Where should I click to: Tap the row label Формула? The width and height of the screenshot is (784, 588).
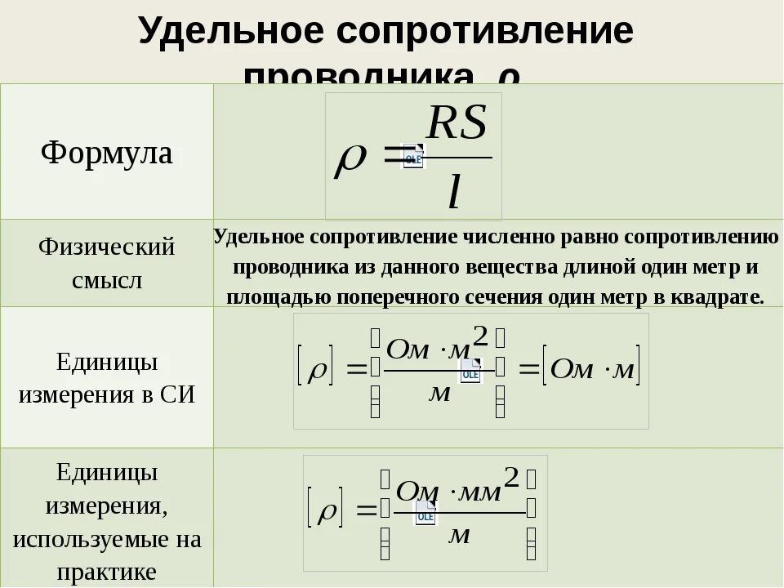coord(107,153)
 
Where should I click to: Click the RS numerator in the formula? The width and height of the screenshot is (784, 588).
coord(457,124)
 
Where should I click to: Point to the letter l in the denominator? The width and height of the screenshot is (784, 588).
coord(454,192)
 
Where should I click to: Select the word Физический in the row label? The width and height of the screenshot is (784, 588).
coord(107,247)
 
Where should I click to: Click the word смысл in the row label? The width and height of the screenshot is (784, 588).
coord(107,280)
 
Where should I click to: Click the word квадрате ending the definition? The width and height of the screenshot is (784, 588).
coord(717,296)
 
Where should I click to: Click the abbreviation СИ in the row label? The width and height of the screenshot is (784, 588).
coord(178,394)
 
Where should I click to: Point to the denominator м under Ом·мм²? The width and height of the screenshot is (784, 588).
coord(460,535)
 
